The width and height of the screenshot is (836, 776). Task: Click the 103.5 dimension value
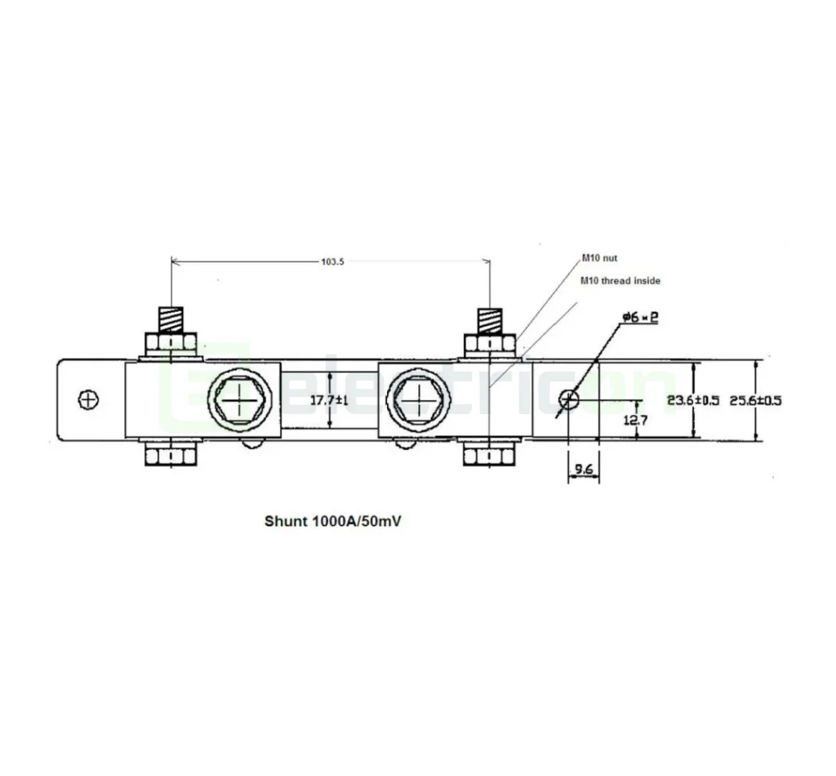(x=331, y=263)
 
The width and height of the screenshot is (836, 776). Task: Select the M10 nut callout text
(x=599, y=258)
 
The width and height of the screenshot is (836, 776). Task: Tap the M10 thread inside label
(x=620, y=280)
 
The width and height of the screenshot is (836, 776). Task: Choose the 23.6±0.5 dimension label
(x=693, y=400)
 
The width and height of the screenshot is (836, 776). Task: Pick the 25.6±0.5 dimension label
(x=755, y=400)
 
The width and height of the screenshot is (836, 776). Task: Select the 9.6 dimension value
(x=583, y=470)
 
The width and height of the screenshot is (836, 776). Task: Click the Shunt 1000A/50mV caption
(x=332, y=520)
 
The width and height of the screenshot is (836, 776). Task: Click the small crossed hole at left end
(x=88, y=399)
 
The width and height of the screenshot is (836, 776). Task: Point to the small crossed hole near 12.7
(x=569, y=399)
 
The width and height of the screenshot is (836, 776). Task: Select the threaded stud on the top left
(x=171, y=319)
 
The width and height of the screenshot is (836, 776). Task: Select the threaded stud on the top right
(x=489, y=319)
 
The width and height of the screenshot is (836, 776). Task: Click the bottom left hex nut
(x=171, y=454)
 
